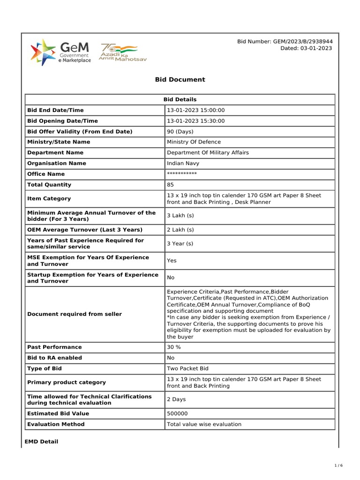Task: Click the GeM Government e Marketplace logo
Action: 60,52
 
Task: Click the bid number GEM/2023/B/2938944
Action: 285,42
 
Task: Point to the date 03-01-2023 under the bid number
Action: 307,48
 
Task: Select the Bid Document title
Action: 180,80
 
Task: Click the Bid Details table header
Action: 180,99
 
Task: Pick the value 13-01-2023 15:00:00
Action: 196,110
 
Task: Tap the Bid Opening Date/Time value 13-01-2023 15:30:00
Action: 196,121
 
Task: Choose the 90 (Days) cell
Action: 180,132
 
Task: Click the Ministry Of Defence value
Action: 194,142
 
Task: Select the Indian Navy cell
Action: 183,163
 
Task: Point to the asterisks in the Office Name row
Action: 182,174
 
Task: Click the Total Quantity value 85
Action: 170,185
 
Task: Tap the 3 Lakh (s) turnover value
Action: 180,216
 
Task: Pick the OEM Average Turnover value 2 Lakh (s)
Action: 180,230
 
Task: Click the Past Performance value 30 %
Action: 174,347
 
